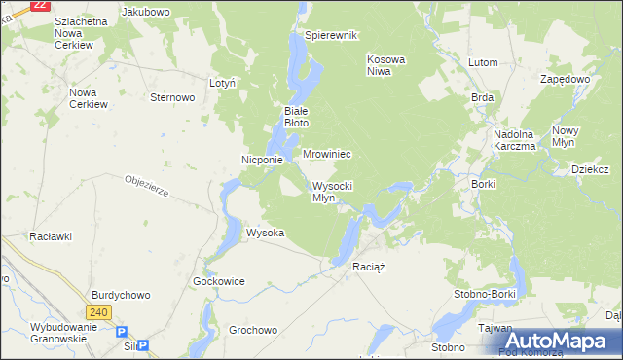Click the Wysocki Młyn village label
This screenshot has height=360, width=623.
(x=338, y=192)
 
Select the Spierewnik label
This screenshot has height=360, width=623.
(x=331, y=35)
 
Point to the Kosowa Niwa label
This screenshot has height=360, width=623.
(x=385, y=65)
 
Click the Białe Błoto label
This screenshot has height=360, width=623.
(x=296, y=117)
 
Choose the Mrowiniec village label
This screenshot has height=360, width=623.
(x=326, y=155)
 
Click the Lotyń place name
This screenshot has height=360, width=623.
(x=223, y=84)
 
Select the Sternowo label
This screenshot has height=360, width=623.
(x=173, y=97)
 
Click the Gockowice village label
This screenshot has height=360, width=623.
(x=219, y=281)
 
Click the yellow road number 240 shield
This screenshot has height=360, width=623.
(x=97, y=312)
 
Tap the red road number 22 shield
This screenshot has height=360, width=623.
(x=40, y=5)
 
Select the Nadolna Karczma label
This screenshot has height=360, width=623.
(x=515, y=140)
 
